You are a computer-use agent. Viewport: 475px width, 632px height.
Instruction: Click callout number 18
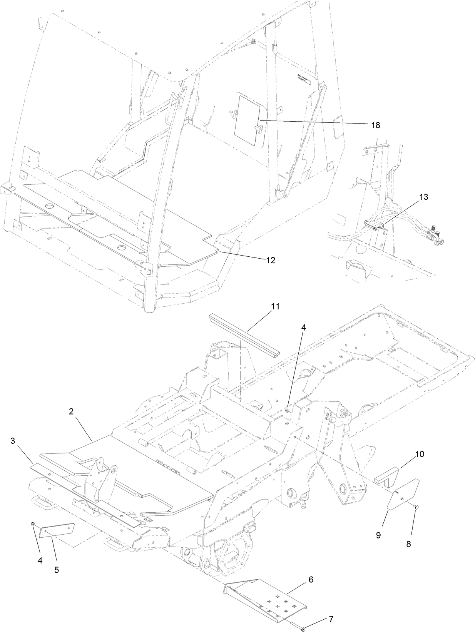tap(375, 125)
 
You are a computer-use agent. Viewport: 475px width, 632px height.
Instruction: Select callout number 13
tap(423, 197)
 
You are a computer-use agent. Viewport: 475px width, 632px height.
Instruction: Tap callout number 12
tap(271, 260)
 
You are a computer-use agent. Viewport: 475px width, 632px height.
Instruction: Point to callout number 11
tap(275, 306)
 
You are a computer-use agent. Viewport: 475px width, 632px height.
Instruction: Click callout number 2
tap(71, 411)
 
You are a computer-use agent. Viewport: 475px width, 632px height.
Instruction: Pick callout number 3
tap(13, 440)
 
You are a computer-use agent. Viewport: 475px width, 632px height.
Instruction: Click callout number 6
tap(311, 579)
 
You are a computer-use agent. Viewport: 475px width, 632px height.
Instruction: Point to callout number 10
tap(419, 454)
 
